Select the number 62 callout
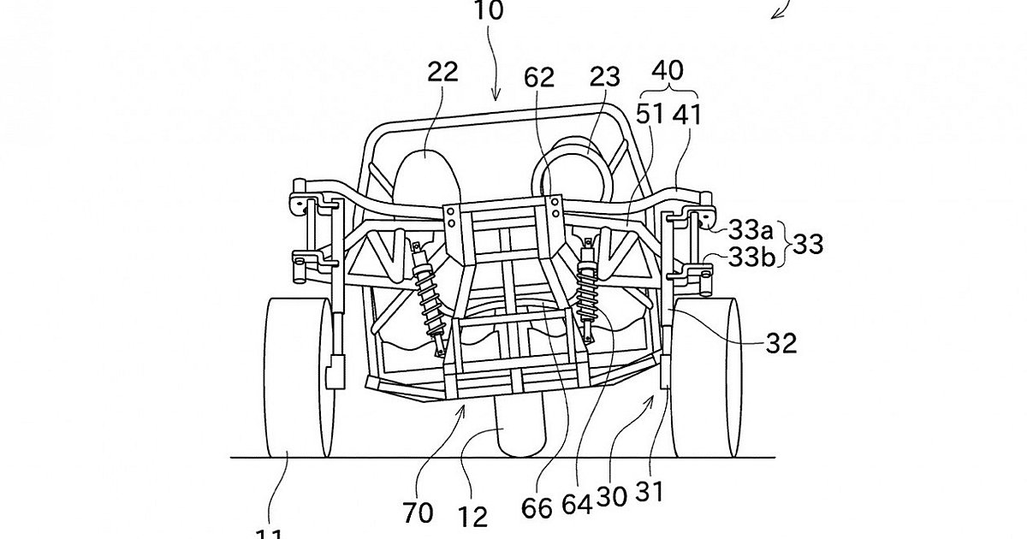point(540,79)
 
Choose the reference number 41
point(688,114)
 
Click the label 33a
point(751,229)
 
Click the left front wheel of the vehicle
point(296,376)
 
